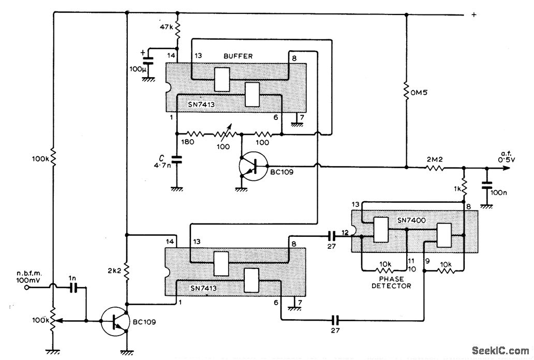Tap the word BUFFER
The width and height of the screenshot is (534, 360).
239,56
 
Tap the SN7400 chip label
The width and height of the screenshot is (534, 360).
411,220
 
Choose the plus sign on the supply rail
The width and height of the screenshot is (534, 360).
473,15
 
